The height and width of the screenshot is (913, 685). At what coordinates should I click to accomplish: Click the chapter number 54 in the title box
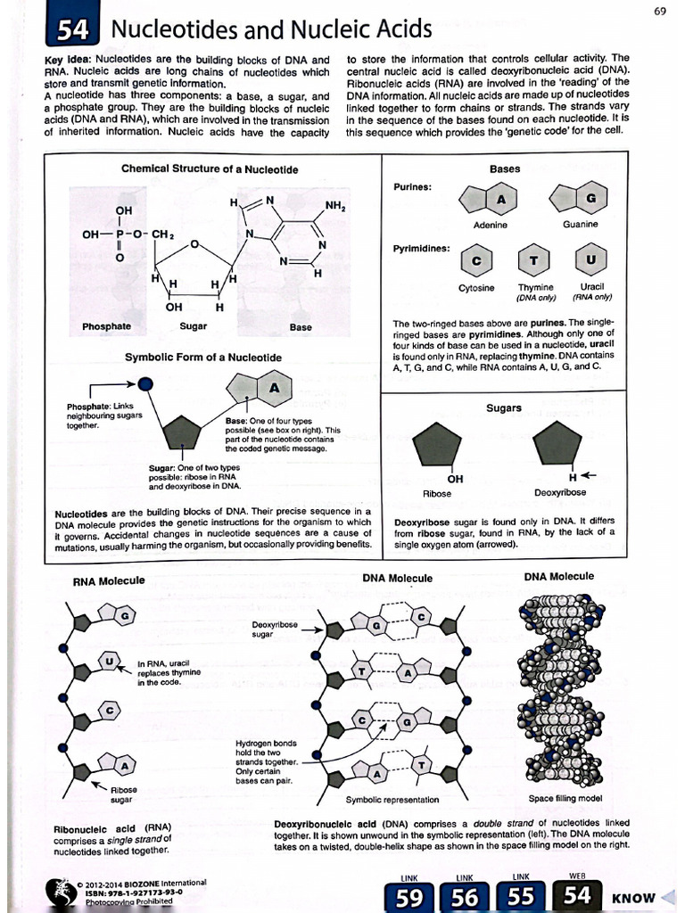point(71,32)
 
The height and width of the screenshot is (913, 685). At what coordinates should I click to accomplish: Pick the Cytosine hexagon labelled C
point(476,260)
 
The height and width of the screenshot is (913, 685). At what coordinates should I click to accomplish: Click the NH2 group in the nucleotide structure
point(335,206)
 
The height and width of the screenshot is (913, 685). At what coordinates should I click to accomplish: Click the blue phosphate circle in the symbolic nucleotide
point(146,383)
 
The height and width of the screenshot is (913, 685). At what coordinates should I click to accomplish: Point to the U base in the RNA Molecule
point(109,662)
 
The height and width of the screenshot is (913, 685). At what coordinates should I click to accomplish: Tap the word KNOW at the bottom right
point(633,898)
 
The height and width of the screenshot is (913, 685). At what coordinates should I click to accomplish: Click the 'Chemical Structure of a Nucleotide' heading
point(210,169)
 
